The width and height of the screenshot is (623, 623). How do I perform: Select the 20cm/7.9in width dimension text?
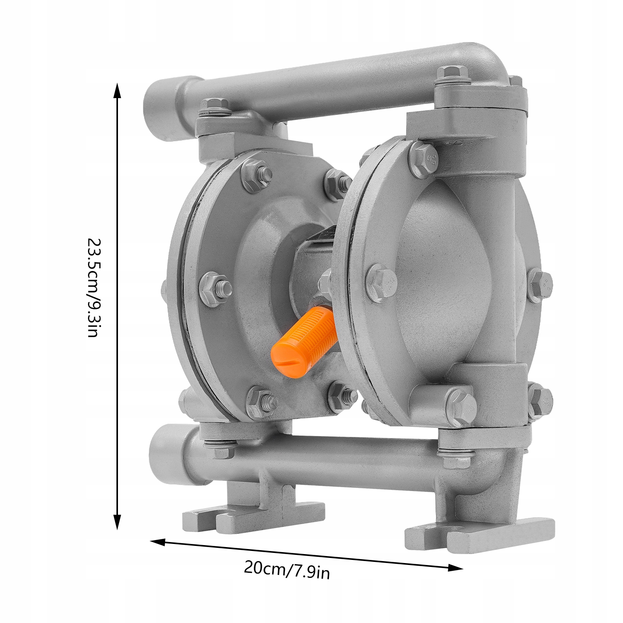coord(287,570)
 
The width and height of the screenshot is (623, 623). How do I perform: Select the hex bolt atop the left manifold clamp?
coord(213,107)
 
